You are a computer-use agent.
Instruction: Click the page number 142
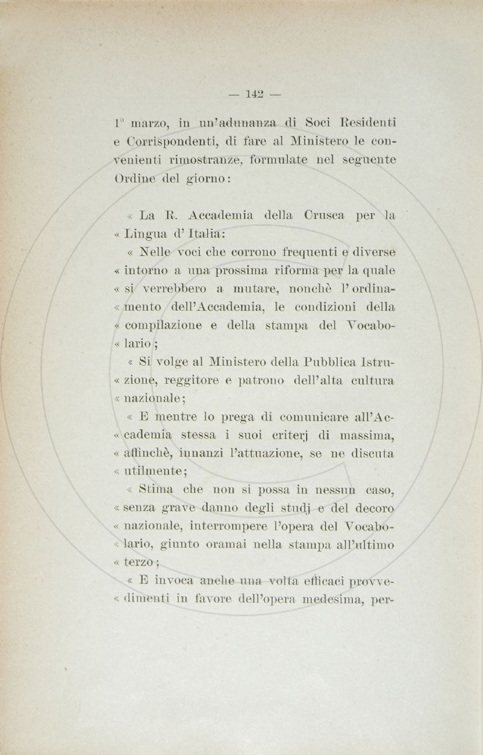tap(255, 94)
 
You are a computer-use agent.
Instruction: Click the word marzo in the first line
tap(149, 123)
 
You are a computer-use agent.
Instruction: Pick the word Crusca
tap(324, 215)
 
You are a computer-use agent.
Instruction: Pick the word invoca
tap(168, 581)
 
